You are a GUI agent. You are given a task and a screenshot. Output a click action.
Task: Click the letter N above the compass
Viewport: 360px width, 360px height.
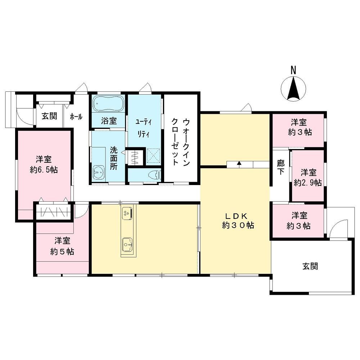pyautogui.click(x=293, y=70)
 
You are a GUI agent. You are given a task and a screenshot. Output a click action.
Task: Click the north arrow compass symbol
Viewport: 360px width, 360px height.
pyautogui.click(x=293, y=89)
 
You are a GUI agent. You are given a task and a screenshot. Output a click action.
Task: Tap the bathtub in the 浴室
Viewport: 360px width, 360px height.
pyautogui.click(x=109, y=103)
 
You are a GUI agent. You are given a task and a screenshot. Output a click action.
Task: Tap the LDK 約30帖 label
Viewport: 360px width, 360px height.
pyautogui.click(x=238, y=221)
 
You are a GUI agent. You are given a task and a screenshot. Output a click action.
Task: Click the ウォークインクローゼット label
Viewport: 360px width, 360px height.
pyautogui.click(x=181, y=142)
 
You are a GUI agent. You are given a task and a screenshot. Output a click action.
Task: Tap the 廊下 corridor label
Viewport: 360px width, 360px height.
pyautogui.click(x=280, y=167)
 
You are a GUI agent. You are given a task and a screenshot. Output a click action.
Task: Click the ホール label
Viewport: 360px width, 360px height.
pyautogui.click(x=76, y=117)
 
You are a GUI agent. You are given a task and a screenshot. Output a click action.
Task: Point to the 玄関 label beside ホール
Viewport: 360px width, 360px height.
pyautogui.click(x=49, y=116)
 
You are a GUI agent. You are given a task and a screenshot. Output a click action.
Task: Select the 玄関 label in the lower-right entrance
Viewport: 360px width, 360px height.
pyautogui.click(x=310, y=266)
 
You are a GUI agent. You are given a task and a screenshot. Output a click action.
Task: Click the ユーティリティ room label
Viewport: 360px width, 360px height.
pyautogui.click(x=144, y=128)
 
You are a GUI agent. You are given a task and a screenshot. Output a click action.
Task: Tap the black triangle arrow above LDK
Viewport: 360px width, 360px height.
pyautogui.click(x=239, y=163)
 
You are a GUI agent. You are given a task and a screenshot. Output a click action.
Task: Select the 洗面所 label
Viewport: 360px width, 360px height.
pyautogui.click(x=113, y=158)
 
